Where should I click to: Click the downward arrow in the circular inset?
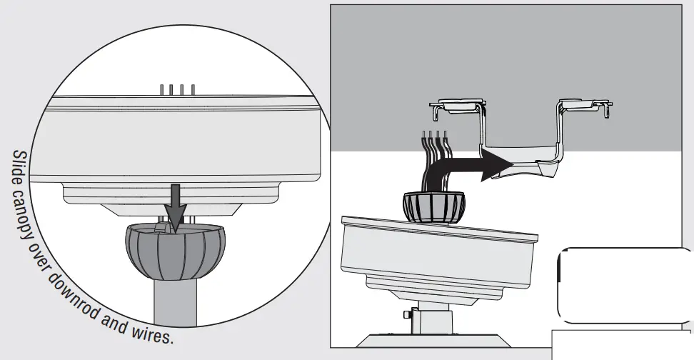[174, 203]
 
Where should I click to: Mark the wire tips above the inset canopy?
[177, 89]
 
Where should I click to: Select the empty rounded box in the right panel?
[624, 285]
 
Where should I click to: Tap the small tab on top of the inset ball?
[162, 226]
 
